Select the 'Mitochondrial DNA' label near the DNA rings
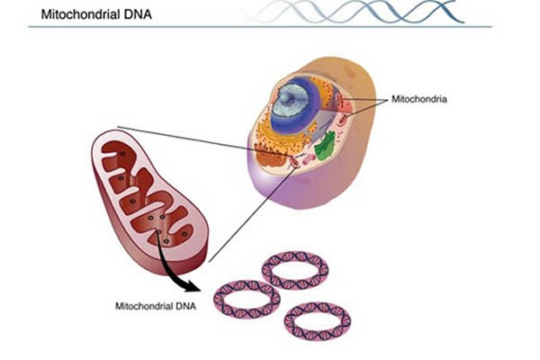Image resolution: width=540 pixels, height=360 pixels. click(x=156, y=305)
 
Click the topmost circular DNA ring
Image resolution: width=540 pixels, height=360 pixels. click(x=294, y=269)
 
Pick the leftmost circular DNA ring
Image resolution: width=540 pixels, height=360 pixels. click(x=246, y=299)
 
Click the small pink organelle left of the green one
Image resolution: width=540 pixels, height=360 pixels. click(x=306, y=143)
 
